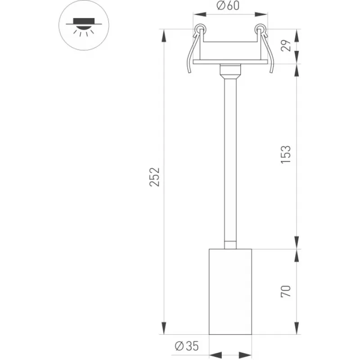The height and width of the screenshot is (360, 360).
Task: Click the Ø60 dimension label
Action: click(x=228, y=5)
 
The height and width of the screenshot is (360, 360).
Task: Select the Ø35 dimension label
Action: click(x=187, y=346)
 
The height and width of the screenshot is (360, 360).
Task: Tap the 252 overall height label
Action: click(x=154, y=177)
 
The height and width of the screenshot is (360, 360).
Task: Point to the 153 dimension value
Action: click(x=286, y=154)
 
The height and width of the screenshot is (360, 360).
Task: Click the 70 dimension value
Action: click(x=286, y=291)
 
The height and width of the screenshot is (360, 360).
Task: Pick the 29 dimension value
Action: click(x=286, y=45)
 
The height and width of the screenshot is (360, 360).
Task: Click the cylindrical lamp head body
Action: click(x=230, y=292)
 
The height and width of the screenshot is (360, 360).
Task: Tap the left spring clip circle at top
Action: click(x=200, y=29)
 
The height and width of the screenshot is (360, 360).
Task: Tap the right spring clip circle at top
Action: click(x=260, y=29)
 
